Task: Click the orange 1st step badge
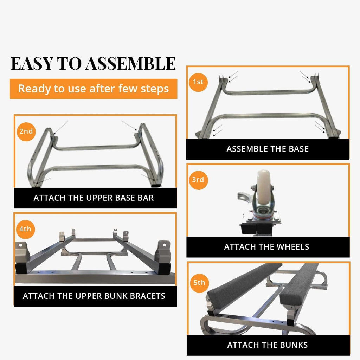pos(198,82)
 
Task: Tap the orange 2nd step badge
pos(26,131)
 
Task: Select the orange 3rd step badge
pos(198,180)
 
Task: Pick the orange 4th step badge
pos(25,229)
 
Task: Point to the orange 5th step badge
pos(199,283)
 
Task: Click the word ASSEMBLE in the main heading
pos(131,64)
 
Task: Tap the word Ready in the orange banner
pos(34,89)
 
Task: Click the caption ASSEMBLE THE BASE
pos(268,149)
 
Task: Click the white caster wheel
pos(264,187)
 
